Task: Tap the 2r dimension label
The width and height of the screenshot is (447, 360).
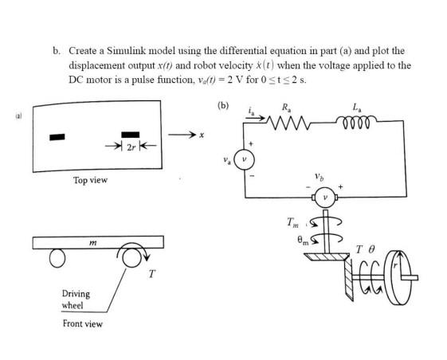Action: pyautogui.click(x=127, y=147)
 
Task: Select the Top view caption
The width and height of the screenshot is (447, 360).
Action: pyautogui.click(x=90, y=181)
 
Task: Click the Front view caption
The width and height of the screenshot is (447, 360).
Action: pyautogui.click(x=82, y=323)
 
